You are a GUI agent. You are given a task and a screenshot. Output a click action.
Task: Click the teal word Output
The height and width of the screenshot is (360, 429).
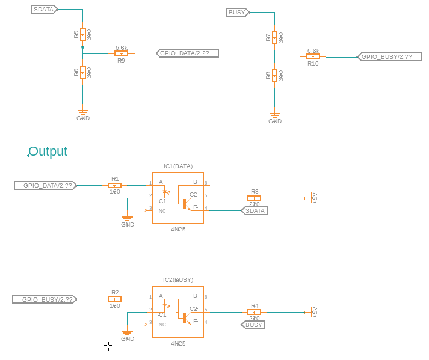[x=48, y=151]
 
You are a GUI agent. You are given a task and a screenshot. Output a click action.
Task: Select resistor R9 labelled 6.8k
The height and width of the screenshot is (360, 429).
[x=121, y=53]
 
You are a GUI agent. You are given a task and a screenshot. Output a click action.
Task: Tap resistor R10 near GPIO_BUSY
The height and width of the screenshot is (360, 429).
[x=313, y=56]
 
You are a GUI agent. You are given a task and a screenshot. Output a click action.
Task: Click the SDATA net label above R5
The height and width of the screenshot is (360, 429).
[x=45, y=10]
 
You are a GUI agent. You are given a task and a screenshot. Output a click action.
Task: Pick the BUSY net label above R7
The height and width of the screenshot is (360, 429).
[x=237, y=12]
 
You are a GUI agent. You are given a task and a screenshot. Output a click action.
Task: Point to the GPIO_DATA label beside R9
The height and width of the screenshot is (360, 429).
[x=187, y=53]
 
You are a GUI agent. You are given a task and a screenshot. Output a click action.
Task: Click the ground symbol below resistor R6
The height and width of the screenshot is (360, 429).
[x=83, y=112]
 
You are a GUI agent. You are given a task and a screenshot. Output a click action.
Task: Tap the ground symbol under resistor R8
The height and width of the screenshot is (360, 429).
[x=275, y=115]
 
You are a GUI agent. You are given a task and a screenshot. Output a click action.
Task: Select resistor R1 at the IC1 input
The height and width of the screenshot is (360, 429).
[x=114, y=185]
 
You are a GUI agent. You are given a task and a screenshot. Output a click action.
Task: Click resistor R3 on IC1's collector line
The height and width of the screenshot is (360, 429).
[x=254, y=197]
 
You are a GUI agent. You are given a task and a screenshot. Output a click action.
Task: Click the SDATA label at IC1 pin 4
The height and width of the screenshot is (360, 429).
[x=255, y=210]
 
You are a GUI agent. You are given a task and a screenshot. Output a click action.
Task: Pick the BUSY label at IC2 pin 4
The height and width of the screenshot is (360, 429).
[x=253, y=325]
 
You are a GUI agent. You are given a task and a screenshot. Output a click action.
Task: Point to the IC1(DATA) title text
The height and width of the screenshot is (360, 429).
[x=178, y=166]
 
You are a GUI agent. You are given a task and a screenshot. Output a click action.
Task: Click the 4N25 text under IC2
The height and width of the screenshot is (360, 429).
[x=178, y=343]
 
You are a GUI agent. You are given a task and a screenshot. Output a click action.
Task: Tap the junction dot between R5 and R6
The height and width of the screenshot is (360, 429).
[x=82, y=46]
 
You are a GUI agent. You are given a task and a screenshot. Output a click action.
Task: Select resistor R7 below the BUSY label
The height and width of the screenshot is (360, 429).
[x=274, y=37]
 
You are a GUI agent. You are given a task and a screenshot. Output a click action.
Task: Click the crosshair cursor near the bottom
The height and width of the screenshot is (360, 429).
[x=108, y=344]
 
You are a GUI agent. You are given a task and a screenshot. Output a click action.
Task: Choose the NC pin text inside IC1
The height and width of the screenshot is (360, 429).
[x=162, y=211]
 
